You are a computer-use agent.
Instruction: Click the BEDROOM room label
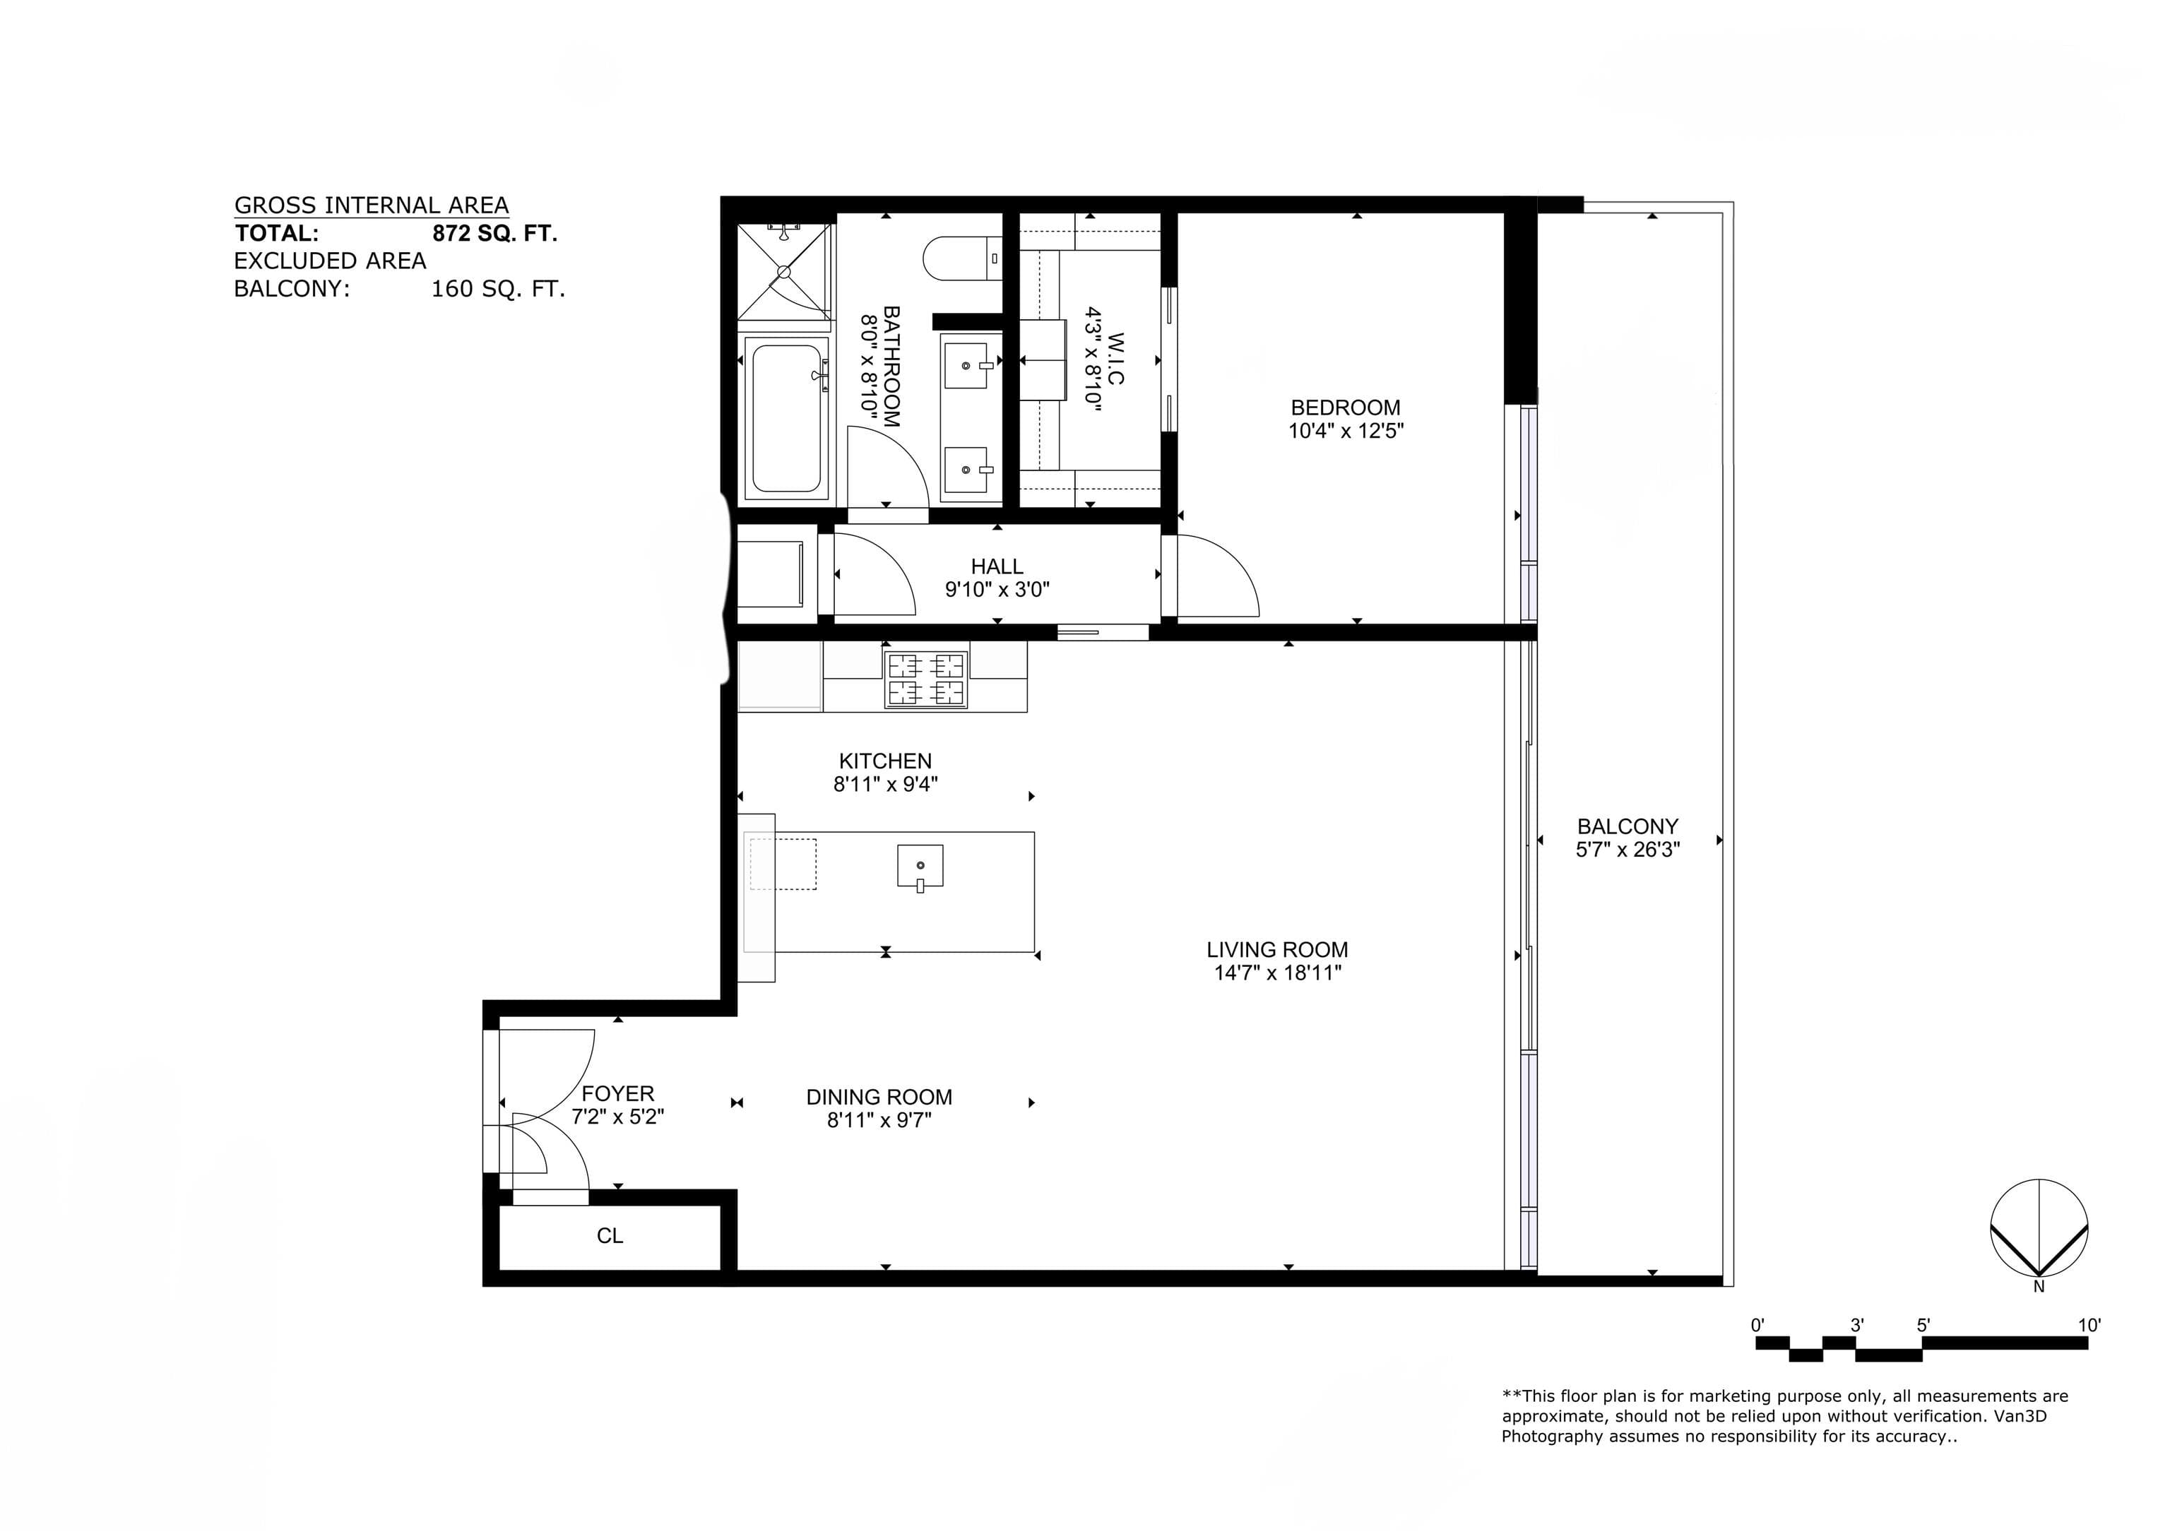[1345, 408]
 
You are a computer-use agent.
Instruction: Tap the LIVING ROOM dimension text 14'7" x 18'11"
[1278, 973]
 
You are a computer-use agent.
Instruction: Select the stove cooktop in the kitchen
[925, 679]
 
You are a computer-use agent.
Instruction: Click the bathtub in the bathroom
[786, 418]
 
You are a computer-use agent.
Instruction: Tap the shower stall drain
[783, 271]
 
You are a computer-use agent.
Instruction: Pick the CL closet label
[610, 1235]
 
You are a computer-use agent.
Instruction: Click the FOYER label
[617, 1093]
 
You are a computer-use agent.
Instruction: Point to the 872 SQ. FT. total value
[494, 234]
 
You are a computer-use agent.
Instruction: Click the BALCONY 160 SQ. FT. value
[498, 290]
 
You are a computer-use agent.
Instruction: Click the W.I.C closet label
[1116, 357]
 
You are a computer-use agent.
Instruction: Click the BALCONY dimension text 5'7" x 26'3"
[1627, 850]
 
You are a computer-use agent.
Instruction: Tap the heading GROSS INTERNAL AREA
[372, 205]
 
